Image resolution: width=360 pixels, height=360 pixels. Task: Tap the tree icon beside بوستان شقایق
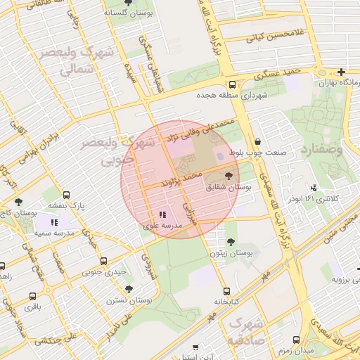pyautogui.click(x=229, y=176)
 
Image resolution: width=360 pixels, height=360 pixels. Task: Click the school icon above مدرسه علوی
pyautogui.click(x=162, y=214)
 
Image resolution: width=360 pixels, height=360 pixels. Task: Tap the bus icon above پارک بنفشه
pyautogui.click(x=67, y=195)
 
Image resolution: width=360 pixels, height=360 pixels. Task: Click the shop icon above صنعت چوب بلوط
pyautogui.click(x=257, y=141)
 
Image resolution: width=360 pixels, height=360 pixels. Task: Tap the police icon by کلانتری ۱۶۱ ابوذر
pyautogui.click(x=313, y=187)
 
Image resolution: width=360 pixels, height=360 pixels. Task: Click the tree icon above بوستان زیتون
pyautogui.click(x=231, y=241)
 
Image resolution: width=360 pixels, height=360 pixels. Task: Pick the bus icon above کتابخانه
pyautogui.click(x=226, y=290)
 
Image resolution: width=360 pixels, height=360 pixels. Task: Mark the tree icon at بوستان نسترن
pyautogui.click(x=129, y=288)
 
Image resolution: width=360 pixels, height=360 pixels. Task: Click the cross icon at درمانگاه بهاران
pyautogui.click(x=341, y=72)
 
